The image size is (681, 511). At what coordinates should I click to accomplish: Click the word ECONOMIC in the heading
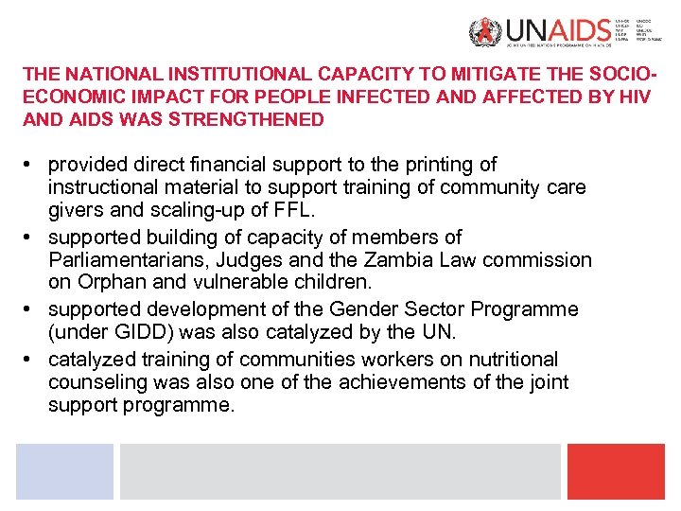coord(64,97)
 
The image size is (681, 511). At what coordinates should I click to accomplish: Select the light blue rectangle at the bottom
coord(64,471)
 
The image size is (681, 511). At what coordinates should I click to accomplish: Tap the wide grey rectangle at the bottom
coord(340,471)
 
